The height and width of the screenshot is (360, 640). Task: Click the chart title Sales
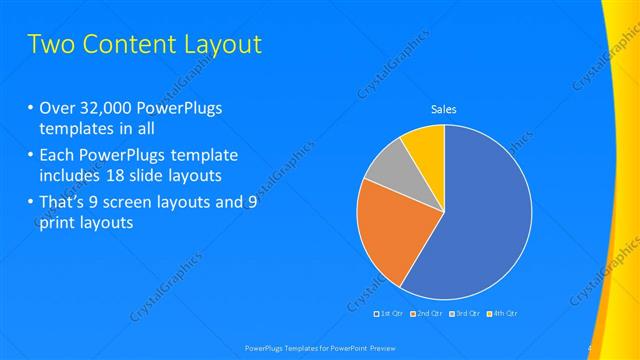click(x=443, y=109)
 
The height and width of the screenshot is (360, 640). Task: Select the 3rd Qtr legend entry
click(x=465, y=314)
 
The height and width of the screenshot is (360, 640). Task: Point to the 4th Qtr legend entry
click(x=502, y=314)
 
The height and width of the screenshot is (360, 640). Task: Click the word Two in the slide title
click(x=50, y=45)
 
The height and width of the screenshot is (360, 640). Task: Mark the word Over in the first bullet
click(x=57, y=109)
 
